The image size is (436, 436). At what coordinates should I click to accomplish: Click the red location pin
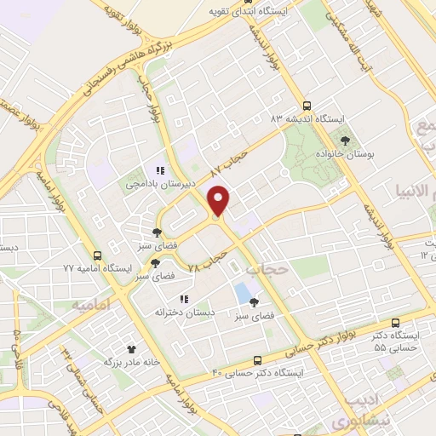pos(220,201)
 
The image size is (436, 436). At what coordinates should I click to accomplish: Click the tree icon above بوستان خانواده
pos(344,141)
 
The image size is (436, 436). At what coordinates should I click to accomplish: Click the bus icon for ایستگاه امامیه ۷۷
pos(97,255)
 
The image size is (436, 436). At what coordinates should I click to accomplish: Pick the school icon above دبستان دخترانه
pos(183,299)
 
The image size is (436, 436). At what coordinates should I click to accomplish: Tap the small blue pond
pos(243,292)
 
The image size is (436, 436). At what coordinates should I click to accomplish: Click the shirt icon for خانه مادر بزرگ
pos(131,348)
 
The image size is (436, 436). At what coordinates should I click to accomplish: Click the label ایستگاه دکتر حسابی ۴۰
pos(258,373)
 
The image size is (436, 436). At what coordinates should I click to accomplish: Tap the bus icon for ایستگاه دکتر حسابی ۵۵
pos(395,323)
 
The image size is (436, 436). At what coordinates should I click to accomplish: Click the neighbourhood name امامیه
pos(91,304)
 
